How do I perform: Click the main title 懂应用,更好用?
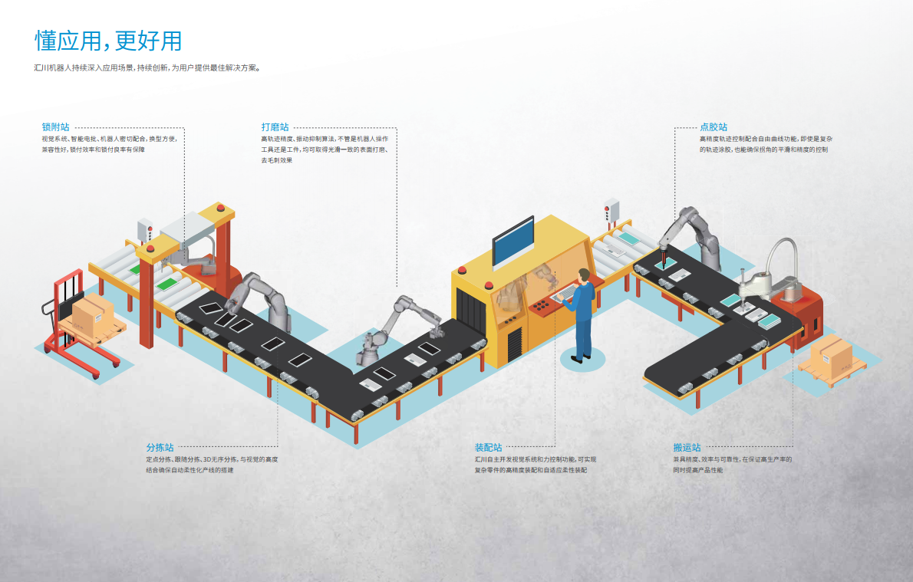tap(108, 41)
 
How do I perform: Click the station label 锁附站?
tap(56, 127)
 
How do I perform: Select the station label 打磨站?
tap(275, 127)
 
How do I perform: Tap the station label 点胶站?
tap(714, 127)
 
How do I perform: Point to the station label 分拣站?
tap(160, 447)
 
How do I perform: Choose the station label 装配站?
tap(488, 447)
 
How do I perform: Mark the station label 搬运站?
tap(687, 447)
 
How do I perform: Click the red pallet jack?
tap(73, 330)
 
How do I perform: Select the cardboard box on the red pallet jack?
tap(93, 311)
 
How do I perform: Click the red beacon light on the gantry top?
tap(222, 207)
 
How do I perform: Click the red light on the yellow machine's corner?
tap(462, 269)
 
